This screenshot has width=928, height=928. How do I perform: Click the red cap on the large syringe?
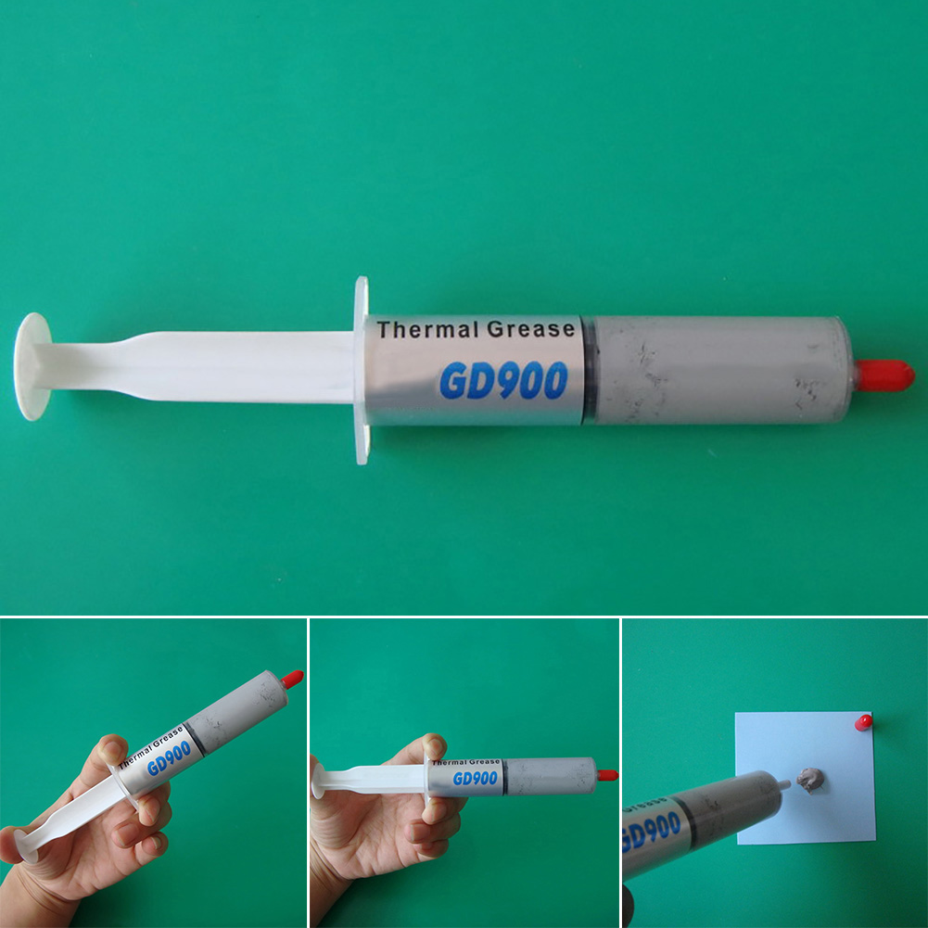pyautogui.click(x=884, y=375)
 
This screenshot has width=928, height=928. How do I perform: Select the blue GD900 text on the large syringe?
pyautogui.click(x=503, y=380)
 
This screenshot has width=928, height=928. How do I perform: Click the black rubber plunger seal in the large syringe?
pyautogui.click(x=589, y=370)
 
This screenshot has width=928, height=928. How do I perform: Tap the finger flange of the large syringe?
pyautogui.click(x=362, y=370)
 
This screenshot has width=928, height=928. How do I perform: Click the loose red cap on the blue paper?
pyautogui.click(x=863, y=722)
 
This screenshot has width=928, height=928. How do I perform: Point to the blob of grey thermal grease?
pyautogui.click(x=809, y=780)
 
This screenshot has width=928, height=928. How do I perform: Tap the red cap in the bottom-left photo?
pyautogui.click(x=292, y=679)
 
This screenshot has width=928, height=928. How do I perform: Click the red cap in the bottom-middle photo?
pyautogui.click(x=607, y=775)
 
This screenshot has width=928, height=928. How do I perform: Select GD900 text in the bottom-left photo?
pyautogui.click(x=170, y=757)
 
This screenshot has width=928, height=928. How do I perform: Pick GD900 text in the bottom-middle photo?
pyautogui.click(x=476, y=778)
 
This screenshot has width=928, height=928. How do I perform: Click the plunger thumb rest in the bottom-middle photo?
pyautogui.click(x=318, y=781)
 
